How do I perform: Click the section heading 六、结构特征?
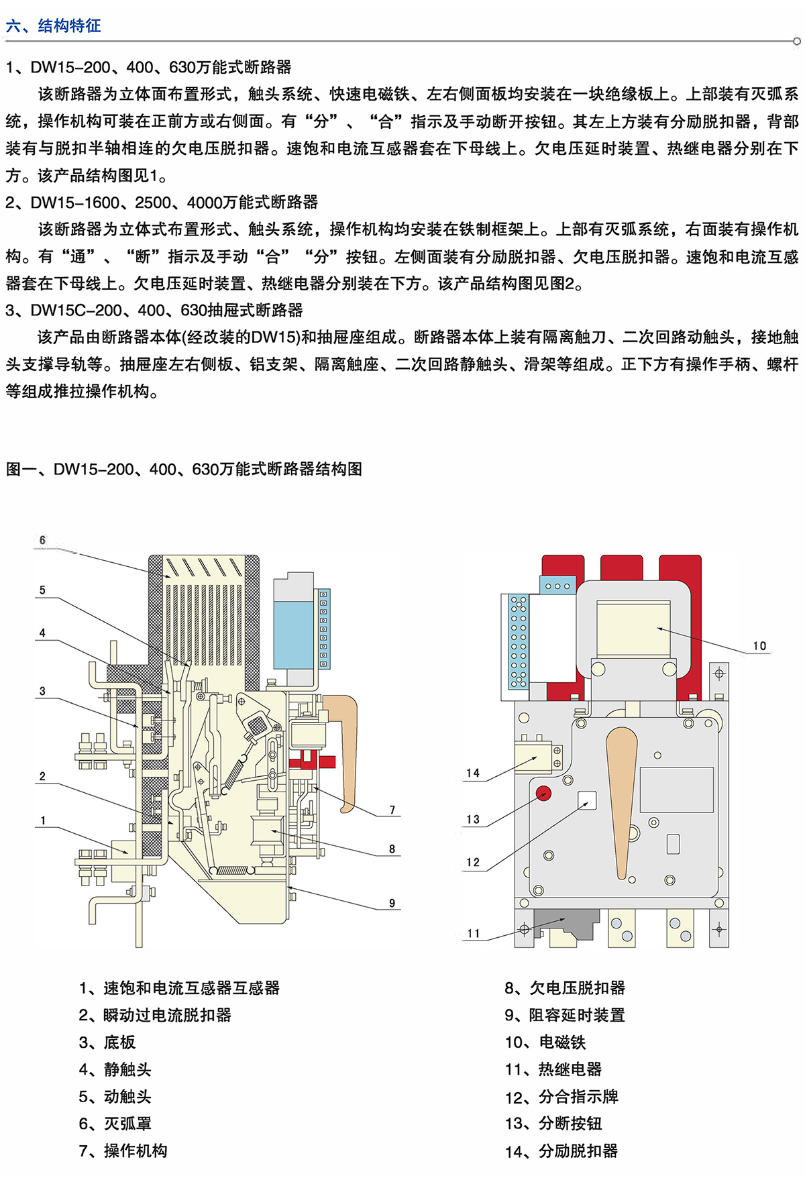(x=54, y=26)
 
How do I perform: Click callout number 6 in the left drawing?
(x=42, y=540)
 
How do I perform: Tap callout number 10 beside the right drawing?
(x=759, y=646)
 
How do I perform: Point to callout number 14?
(x=473, y=773)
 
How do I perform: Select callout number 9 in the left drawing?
(x=392, y=903)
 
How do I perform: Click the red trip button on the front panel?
(x=543, y=794)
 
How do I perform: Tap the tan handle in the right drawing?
(x=621, y=798)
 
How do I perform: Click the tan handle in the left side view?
(x=345, y=745)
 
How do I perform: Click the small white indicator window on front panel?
(x=587, y=800)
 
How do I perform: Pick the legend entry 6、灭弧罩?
(x=115, y=1123)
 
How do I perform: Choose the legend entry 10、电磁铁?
(x=545, y=1042)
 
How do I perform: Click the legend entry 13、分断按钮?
(x=553, y=1123)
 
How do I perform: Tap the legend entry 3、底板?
(x=107, y=1042)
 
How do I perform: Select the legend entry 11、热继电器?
(x=553, y=1069)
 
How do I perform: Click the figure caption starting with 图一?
(x=184, y=469)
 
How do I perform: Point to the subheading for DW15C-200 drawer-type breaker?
(x=154, y=310)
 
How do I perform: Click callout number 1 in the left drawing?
(x=43, y=820)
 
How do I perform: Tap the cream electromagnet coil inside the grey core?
(x=633, y=629)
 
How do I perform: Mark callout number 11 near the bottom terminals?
(x=474, y=933)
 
